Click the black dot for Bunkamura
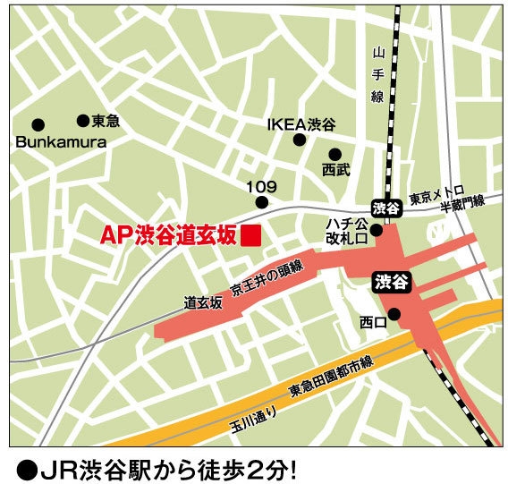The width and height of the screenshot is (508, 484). click(x=38, y=124)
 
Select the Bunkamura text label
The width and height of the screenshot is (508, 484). click(x=61, y=142)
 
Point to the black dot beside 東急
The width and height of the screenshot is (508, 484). click(x=82, y=120)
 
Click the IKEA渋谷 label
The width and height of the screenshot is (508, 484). click(x=301, y=124)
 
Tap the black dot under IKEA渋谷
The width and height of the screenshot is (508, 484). click(x=301, y=140)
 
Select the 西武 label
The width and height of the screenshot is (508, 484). click(x=336, y=170)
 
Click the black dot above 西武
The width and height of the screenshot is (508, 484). click(x=334, y=154)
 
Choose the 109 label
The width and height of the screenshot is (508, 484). click(x=262, y=186)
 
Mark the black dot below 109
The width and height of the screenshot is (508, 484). click(x=262, y=202)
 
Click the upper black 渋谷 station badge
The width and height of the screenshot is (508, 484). click(x=385, y=208)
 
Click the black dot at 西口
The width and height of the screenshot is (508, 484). click(x=394, y=313)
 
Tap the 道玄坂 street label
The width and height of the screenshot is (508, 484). click(x=203, y=302)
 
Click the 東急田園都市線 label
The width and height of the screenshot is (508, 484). click(x=330, y=378)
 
